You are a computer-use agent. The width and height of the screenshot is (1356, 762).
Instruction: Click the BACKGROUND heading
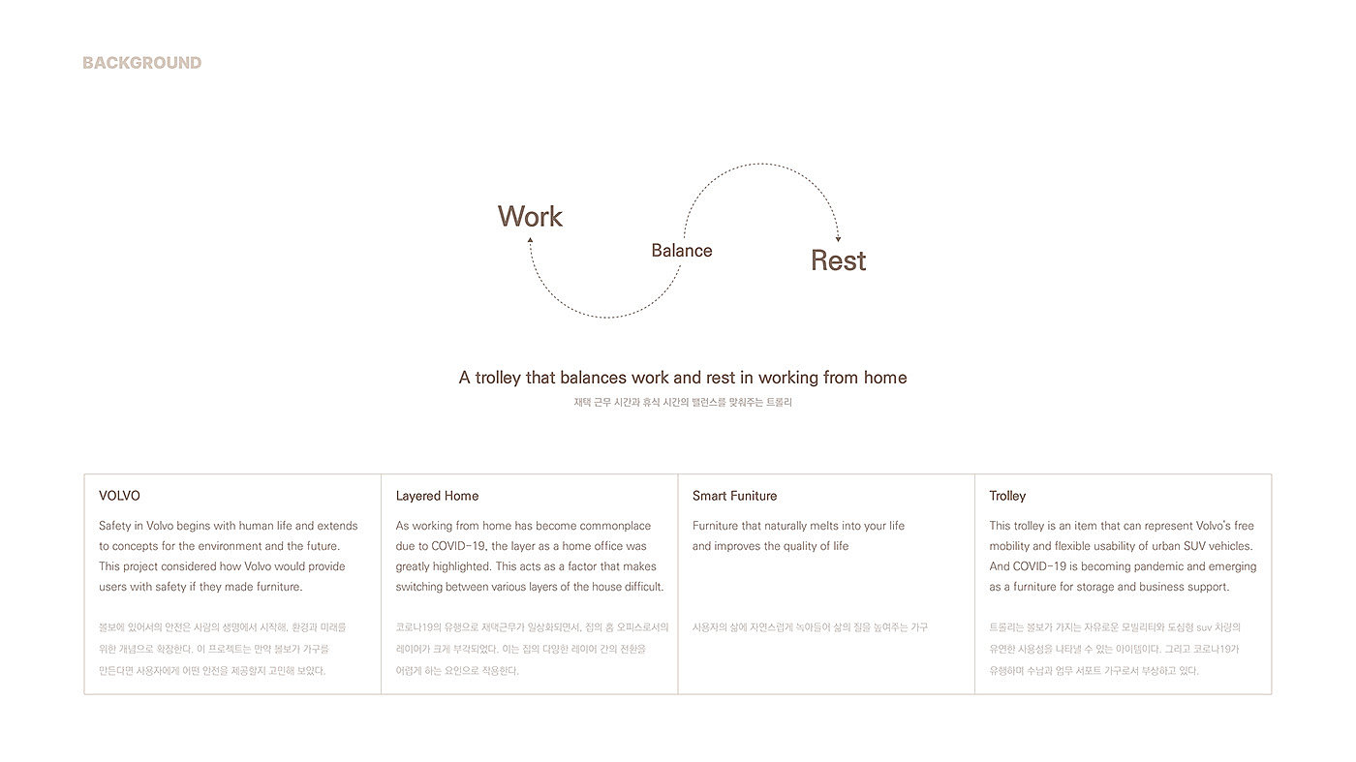[141, 63]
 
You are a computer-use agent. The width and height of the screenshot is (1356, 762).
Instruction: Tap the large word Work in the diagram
[530, 216]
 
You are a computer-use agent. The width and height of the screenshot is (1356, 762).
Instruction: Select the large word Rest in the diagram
[838, 260]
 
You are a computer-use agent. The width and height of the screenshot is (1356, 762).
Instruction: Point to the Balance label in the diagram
[681, 251]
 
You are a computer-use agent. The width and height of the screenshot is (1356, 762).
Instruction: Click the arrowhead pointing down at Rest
[838, 238]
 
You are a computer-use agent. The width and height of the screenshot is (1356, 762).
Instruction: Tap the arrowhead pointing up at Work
[530, 239]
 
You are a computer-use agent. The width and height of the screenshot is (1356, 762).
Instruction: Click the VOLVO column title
[119, 496]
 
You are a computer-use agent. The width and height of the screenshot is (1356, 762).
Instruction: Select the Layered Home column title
[437, 496]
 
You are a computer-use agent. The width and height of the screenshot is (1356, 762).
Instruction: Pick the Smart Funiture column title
[734, 496]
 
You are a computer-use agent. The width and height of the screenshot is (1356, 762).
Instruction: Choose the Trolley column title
[1007, 496]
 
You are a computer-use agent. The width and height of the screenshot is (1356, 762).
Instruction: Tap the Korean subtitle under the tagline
[682, 402]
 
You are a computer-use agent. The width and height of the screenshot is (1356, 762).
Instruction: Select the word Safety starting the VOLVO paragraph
[116, 526]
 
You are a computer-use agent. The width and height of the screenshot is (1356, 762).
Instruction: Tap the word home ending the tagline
[885, 378]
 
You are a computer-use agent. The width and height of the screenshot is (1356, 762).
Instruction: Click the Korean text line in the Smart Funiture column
[810, 627]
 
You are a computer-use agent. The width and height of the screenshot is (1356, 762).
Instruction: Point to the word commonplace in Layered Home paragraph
[615, 526]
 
